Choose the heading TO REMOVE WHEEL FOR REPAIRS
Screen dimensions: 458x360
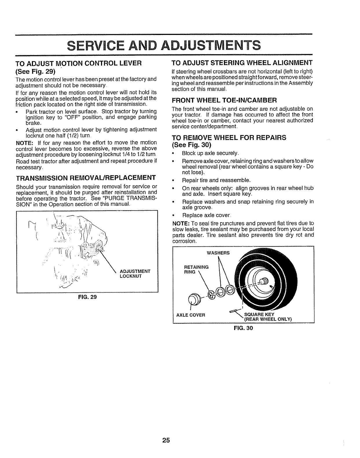tap(229, 138)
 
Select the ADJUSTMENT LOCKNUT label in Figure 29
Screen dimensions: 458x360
tap(135, 274)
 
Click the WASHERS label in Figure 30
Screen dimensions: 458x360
tap(218, 253)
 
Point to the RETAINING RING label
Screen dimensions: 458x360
tap(196, 269)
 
